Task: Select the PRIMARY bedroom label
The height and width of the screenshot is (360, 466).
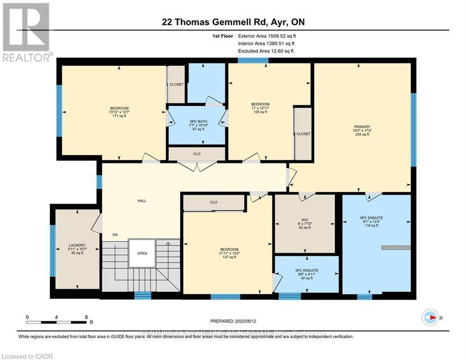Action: pyautogui.click(x=362, y=127)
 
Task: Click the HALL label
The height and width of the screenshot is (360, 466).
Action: pyautogui.click(x=141, y=201)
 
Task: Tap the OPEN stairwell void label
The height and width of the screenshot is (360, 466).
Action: pyautogui.click(x=142, y=253)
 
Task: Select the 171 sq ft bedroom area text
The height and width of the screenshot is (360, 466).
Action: pyautogui.click(x=119, y=116)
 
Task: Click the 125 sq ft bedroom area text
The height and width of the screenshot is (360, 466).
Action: pyautogui.click(x=260, y=112)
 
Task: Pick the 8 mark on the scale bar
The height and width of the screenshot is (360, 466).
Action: pyautogui.click(x=86, y=317)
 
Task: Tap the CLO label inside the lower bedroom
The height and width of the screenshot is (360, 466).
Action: pyautogui.click(x=214, y=202)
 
